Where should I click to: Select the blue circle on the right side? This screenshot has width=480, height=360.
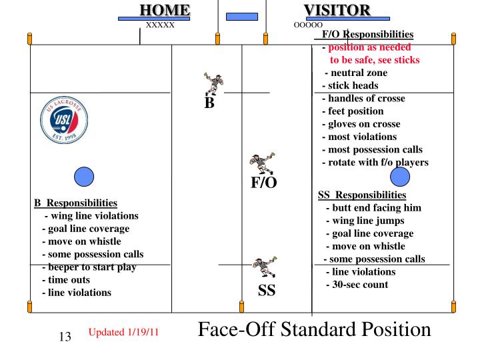tap(399, 176)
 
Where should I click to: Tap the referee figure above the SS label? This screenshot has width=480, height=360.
tap(261, 269)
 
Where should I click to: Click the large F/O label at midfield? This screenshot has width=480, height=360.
tap(263, 183)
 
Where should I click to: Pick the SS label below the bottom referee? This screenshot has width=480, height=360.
tap(267, 291)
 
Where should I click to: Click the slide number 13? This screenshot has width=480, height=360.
tap(65, 337)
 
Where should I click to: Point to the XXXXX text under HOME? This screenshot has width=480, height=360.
tap(160, 25)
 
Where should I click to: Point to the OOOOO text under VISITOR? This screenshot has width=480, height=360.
tap(308, 25)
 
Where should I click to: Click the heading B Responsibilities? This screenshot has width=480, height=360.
tap(75, 203)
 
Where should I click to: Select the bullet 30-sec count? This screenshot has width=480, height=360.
tap(357, 285)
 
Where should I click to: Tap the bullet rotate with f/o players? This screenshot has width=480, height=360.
tap(375, 163)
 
